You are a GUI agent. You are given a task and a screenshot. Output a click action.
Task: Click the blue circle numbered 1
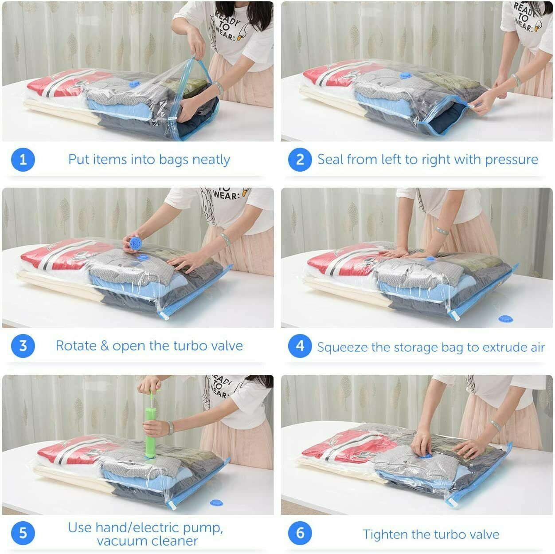[23, 159]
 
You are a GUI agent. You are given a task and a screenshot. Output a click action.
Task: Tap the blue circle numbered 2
[300, 159]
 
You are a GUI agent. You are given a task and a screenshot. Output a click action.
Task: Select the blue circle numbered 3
[23, 346]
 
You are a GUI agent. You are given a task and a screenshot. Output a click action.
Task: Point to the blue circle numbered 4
[300, 346]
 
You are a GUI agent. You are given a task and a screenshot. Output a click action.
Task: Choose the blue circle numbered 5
[23, 533]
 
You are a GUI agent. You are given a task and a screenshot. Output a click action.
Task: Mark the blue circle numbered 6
[300, 533]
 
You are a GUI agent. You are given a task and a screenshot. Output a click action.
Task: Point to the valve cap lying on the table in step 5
[217, 503]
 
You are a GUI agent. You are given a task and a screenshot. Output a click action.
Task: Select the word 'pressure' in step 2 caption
[512, 159]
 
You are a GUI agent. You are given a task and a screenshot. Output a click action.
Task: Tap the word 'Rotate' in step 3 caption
[75, 346]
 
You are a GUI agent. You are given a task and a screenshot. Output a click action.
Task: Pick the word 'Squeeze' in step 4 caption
[342, 347]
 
